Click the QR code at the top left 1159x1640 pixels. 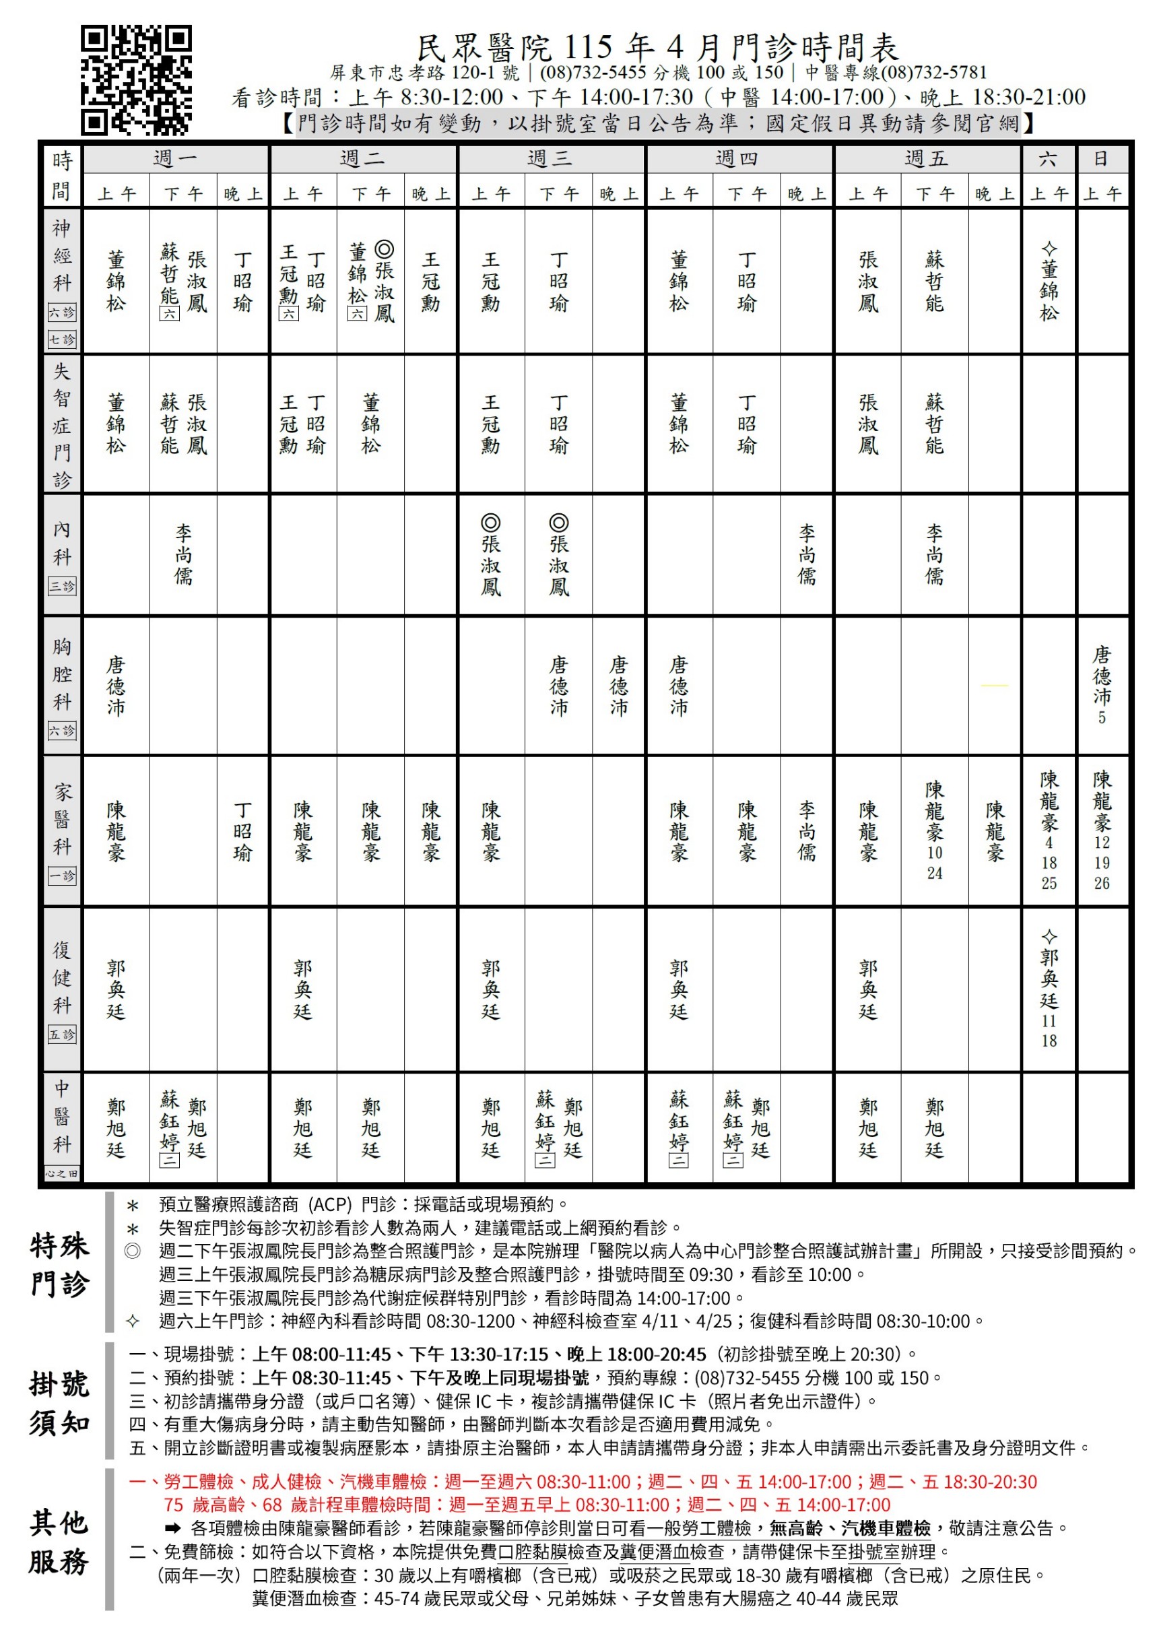[135, 80]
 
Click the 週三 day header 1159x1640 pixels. [550, 158]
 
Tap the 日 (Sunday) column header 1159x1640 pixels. [1101, 158]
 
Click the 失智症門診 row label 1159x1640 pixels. [62, 424]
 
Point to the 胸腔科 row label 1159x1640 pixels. [62, 674]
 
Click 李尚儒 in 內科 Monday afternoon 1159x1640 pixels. [184, 554]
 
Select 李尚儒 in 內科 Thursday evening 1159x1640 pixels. [807, 554]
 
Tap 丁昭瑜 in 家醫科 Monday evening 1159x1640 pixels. [243, 830]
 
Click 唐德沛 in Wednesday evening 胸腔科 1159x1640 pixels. [618, 686]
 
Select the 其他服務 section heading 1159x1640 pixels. [60, 1543]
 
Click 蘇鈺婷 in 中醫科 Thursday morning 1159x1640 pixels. [678, 1120]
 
